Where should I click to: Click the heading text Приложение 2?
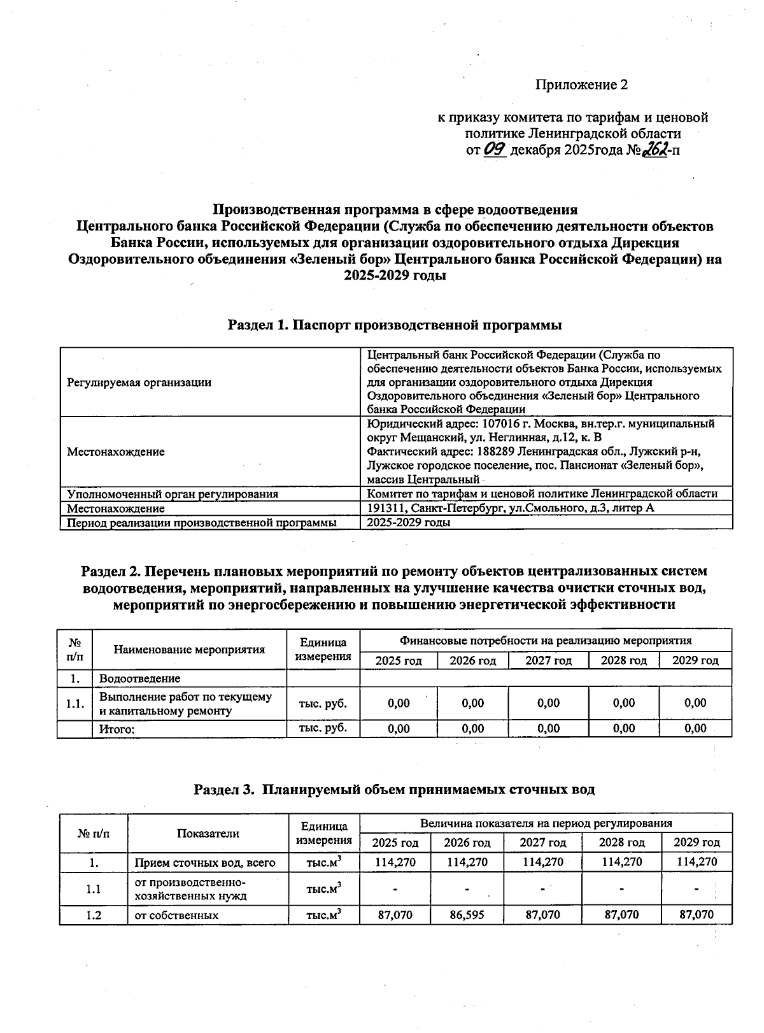pos(581,85)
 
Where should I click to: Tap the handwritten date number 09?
pos(495,150)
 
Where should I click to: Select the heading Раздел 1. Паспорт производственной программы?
pos(395,325)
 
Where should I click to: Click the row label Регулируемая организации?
pos(139,382)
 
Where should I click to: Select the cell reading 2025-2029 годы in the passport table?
pos(409,522)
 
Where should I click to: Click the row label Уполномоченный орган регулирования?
pos(173,494)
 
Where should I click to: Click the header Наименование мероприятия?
pos(189,650)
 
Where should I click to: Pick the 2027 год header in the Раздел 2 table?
pos(548,660)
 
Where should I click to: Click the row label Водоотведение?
pos(139,678)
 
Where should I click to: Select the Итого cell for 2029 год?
pos(695,729)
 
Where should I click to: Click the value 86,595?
pos(467,915)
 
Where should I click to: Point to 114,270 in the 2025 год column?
pos(395,862)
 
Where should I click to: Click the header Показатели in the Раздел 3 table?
pos(208,834)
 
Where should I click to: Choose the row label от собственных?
pos(176,915)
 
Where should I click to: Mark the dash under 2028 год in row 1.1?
pos(621,888)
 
